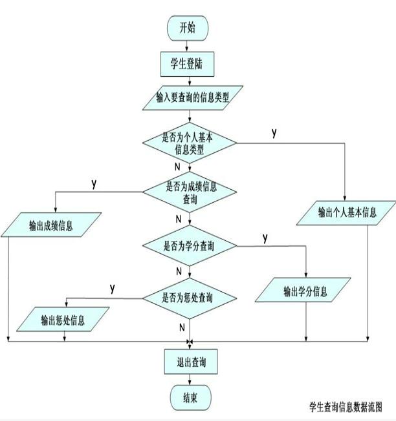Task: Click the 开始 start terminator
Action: [x=189, y=27]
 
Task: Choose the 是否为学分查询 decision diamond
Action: [x=190, y=246]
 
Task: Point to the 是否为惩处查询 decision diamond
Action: [x=188, y=298]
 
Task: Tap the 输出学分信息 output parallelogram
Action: [x=305, y=291]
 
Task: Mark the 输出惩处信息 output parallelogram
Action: [x=62, y=320]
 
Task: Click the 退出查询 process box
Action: [x=188, y=360]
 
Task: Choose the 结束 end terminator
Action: [x=189, y=396]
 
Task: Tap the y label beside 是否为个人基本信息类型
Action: [x=274, y=133]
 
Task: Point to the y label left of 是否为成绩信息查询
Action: [x=94, y=183]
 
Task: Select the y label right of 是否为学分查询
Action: [x=265, y=238]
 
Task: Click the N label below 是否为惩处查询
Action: [x=182, y=328]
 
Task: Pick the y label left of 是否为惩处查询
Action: [x=113, y=287]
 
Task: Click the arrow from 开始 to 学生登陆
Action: [x=189, y=44]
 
